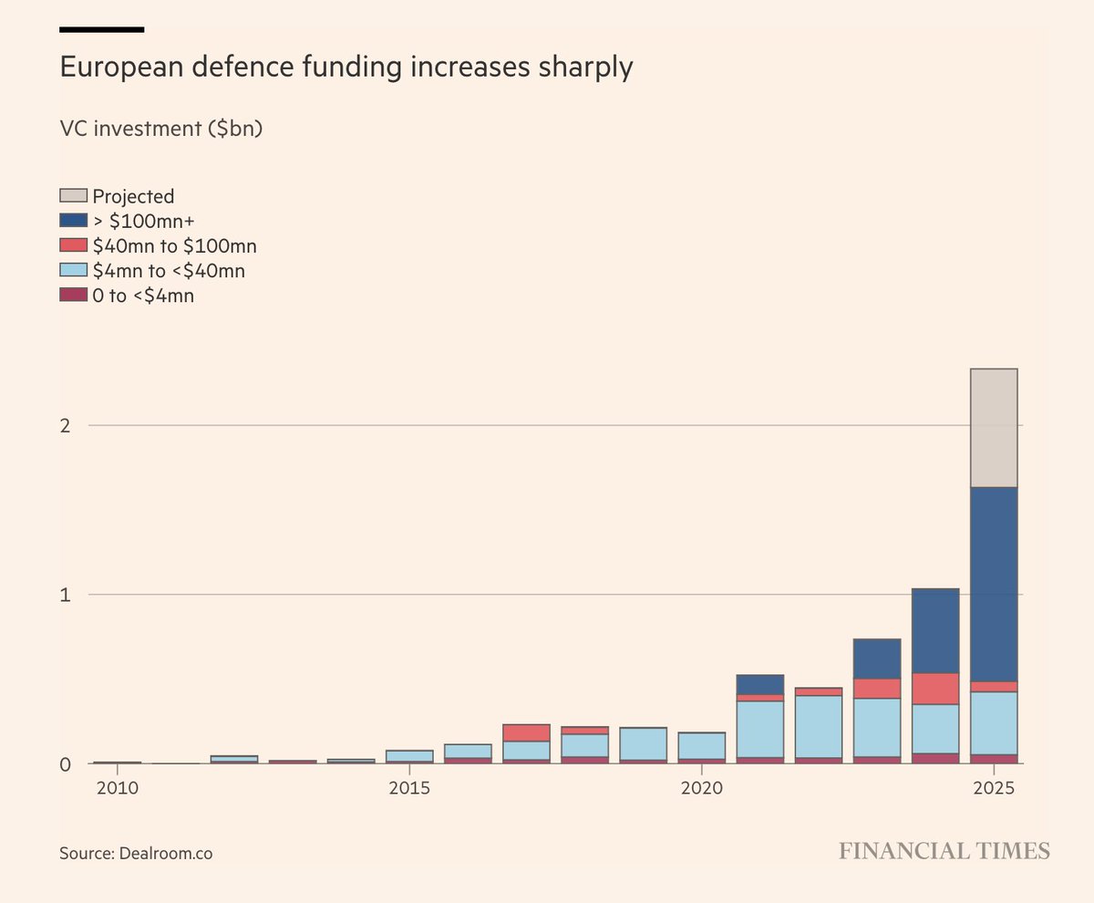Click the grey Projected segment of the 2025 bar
[994, 428]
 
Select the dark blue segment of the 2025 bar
[994, 584]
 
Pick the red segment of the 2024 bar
[935, 688]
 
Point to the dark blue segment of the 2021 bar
[759, 684]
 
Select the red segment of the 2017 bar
[526, 732]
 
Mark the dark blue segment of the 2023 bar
[877, 659]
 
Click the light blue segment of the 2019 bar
[643, 743]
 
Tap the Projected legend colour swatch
[73, 195]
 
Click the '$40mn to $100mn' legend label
[174, 245]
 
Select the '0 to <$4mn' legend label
[143, 295]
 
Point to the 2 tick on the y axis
[66, 425]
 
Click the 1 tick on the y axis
[66, 595]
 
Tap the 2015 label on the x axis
[410, 786]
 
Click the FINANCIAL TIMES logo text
[944, 851]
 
